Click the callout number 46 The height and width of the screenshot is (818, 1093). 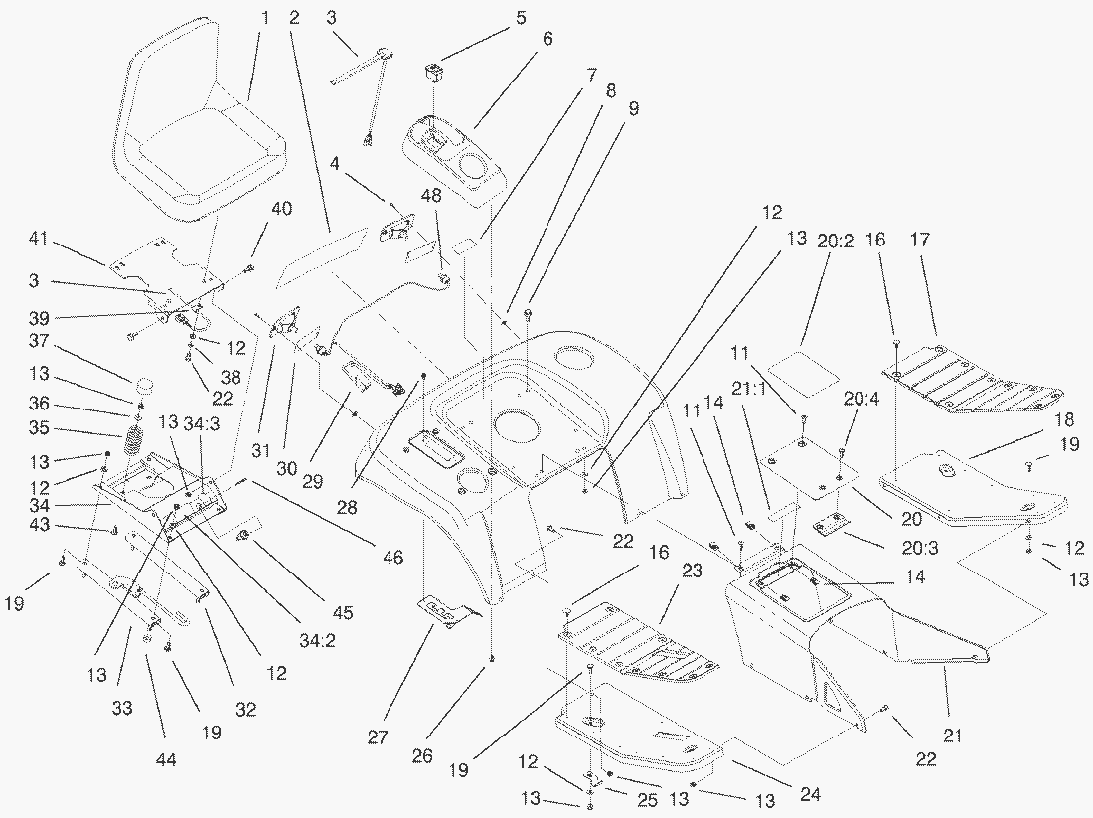coord(392,559)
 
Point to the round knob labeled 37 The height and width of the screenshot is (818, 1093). coord(145,385)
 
